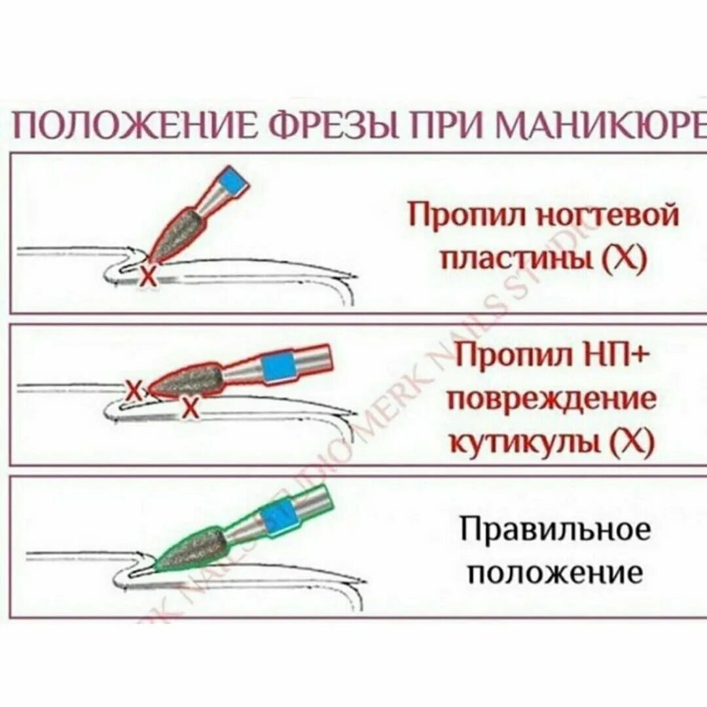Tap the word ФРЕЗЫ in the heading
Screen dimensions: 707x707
[325, 124]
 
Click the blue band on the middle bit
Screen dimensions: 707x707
[278, 367]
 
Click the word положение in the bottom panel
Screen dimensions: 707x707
[556, 573]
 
